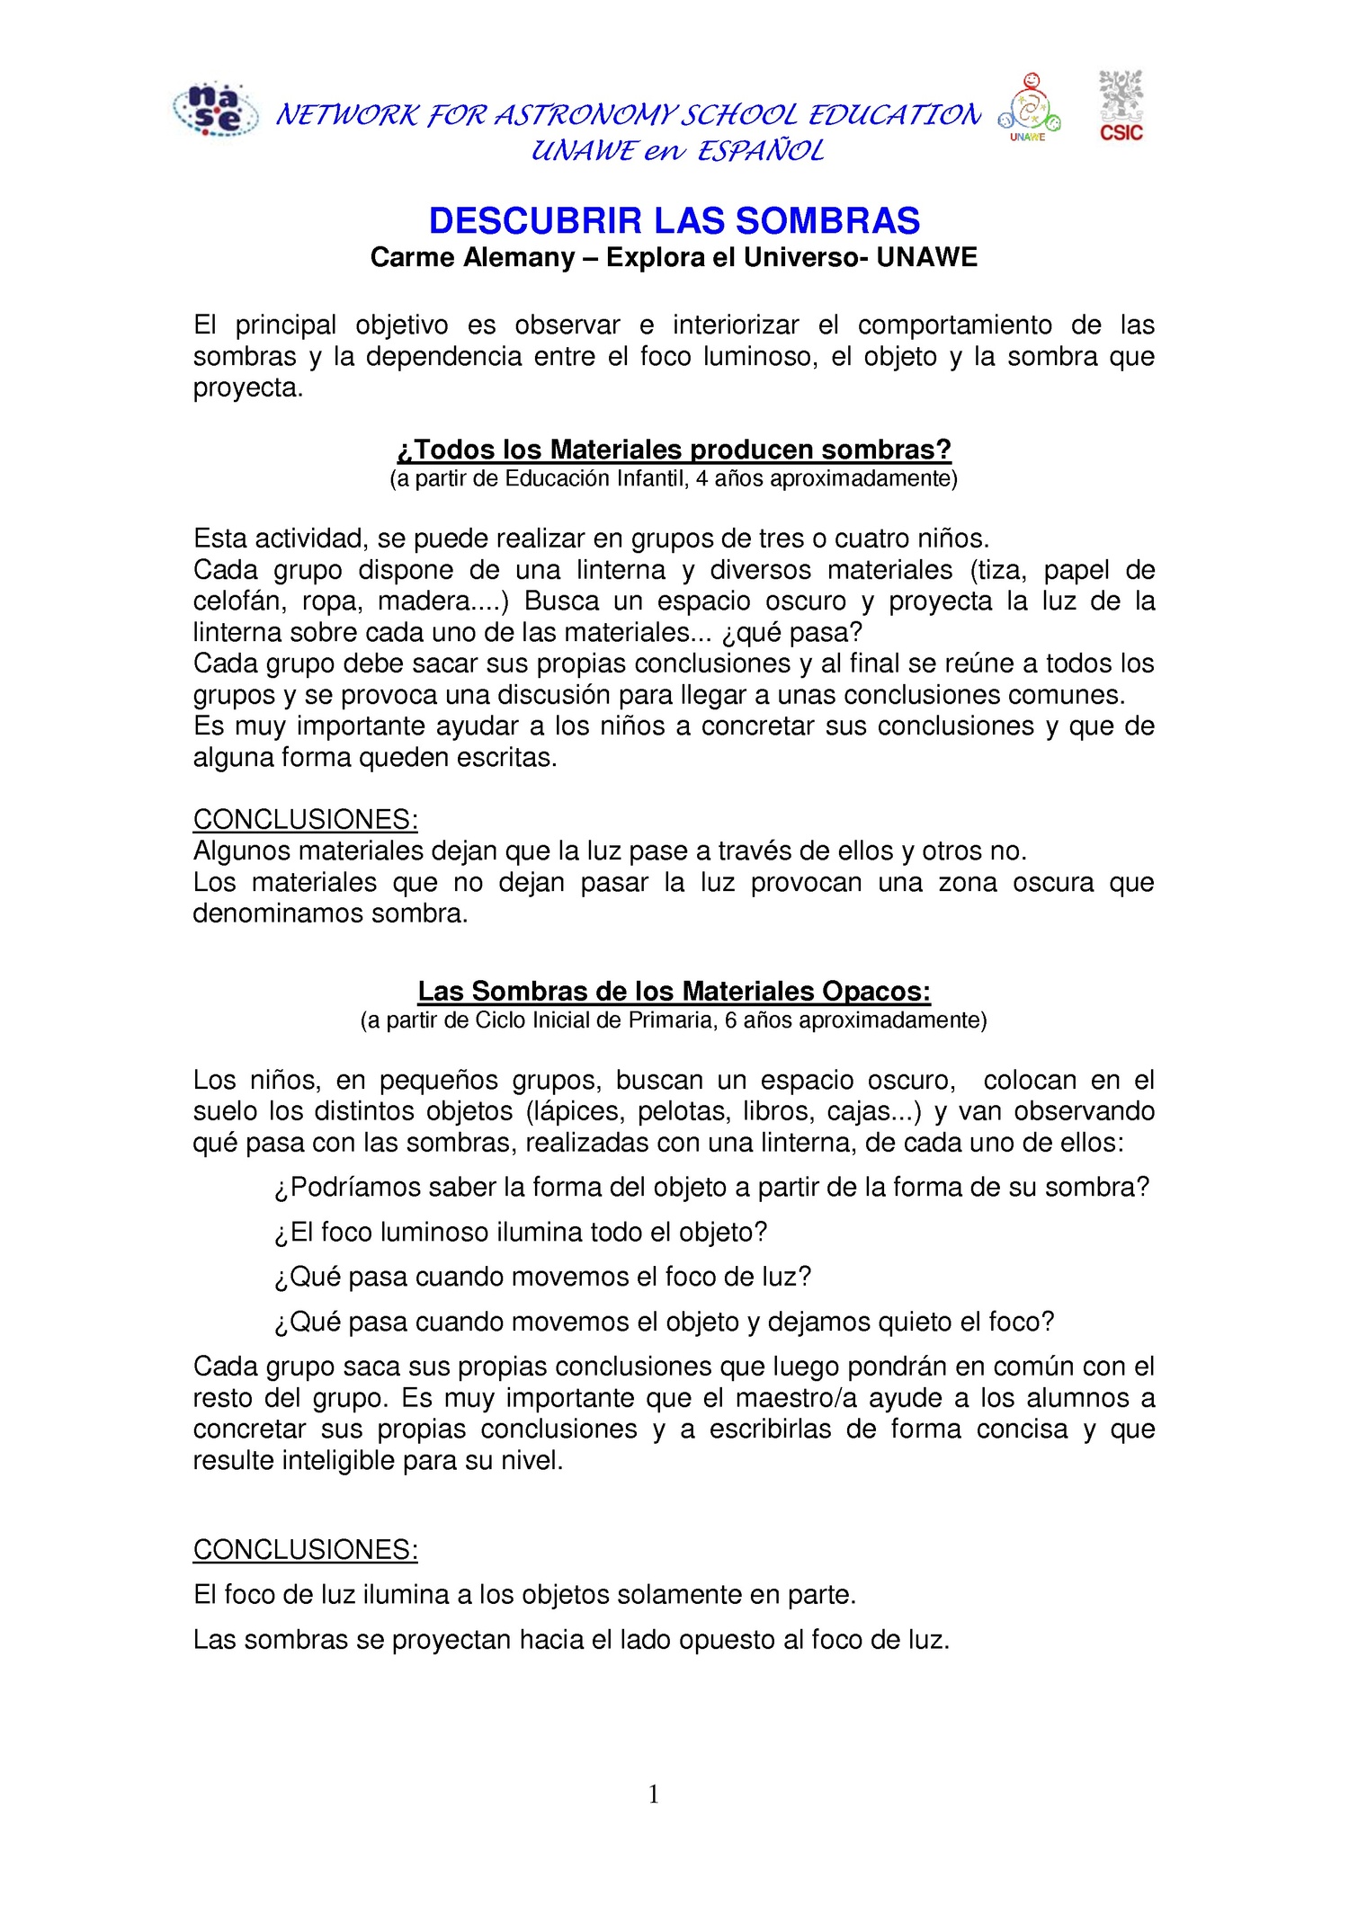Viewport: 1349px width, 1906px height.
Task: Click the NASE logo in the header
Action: [x=215, y=110]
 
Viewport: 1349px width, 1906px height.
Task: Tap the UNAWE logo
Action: [x=1029, y=108]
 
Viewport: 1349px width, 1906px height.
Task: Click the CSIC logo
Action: [x=1121, y=106]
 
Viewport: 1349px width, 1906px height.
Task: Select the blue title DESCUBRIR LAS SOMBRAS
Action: [x=674, y=221]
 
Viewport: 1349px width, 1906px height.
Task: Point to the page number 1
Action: [x=654, y=1795]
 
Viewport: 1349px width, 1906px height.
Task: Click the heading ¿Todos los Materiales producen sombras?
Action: [x=674, y=450]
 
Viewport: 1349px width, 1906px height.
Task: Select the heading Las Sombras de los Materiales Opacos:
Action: [x=674, y=991]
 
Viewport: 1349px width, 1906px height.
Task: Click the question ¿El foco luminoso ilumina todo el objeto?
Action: [x=521, y=1232]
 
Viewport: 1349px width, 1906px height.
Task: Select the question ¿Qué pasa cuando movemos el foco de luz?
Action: [x=542, y=1277]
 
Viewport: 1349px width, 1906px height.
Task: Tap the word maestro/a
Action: [x=796, y=1398]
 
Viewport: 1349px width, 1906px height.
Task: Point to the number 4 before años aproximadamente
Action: [x=701, y=479]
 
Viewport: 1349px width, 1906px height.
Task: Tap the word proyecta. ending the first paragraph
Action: [x=248, y=388]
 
